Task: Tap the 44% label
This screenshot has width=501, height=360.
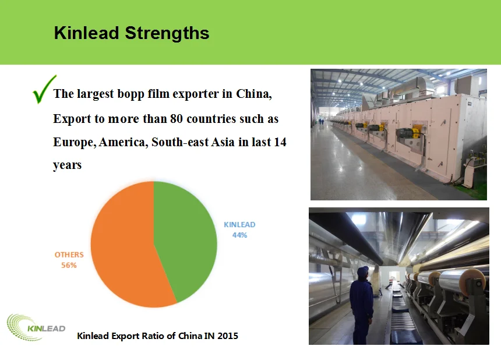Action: tap(239, 235)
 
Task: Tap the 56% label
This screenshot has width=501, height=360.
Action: tap(69, 265)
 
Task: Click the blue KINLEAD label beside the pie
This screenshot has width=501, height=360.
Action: tap(239, 224)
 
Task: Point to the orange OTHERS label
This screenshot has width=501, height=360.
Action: tap(69, 255)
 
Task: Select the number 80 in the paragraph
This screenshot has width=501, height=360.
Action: tap(177, 119)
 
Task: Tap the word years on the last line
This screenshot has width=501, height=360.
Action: tap(67, 165)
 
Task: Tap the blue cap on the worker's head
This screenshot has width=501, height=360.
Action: tap(362, 270)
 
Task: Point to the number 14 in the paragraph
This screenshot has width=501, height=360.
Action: tap(280, 142)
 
